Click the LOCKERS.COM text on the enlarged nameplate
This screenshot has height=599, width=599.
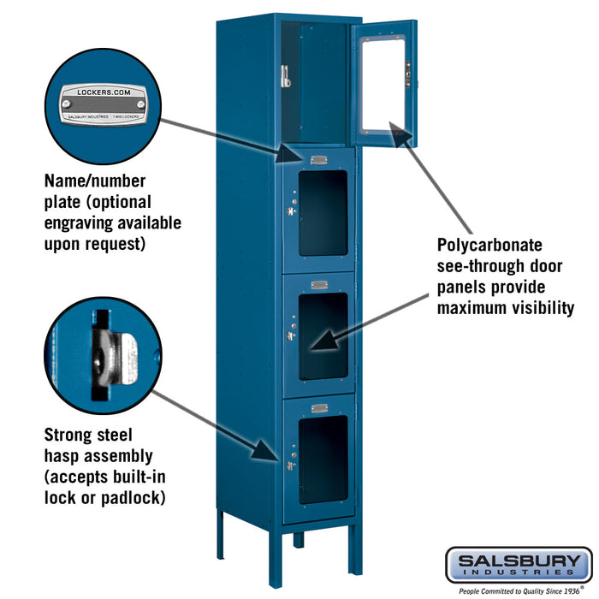104,92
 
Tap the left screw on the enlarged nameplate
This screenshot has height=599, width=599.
67,104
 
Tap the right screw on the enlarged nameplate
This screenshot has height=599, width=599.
141,104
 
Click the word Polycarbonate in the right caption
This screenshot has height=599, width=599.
489,246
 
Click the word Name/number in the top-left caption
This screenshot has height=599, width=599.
95,181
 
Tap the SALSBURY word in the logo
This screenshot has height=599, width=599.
519,561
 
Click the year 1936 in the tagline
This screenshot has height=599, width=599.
571,591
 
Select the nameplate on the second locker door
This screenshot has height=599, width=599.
319,160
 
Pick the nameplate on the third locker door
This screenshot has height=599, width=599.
319,285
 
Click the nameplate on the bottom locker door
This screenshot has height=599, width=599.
319,408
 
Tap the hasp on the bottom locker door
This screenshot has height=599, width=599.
291,466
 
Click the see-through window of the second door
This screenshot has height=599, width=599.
323,213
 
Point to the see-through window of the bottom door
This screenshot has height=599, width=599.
323,460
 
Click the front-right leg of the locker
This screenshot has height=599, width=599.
356,549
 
